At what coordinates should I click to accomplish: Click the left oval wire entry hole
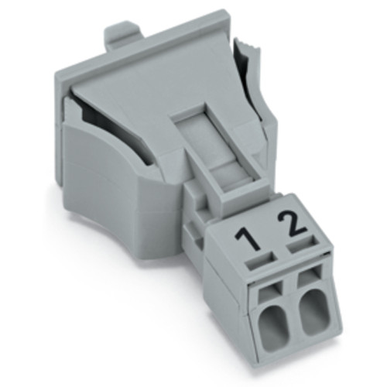coord(275,326)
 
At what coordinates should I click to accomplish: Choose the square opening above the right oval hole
coord(308,280)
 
